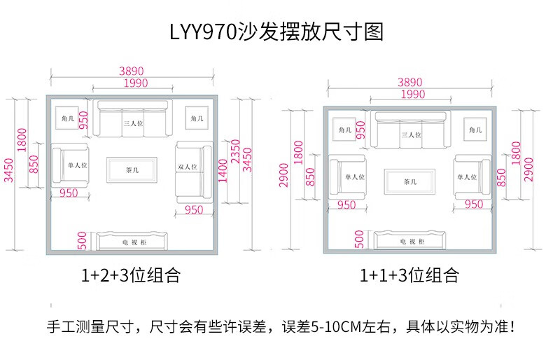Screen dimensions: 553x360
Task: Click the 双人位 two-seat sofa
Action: tap(195, 172)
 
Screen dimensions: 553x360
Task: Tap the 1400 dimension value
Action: tap(223, 171)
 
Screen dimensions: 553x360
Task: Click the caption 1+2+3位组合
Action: tap(131, 275)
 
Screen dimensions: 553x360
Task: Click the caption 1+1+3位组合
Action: tap(409, 275)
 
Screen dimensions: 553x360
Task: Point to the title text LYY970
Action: tap(203, 32)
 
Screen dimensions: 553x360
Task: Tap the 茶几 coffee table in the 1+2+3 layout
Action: tap(132, 170)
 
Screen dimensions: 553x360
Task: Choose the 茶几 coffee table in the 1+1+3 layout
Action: tap(409, 182)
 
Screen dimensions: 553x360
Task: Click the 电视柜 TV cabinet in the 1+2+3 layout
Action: tap(132, 241)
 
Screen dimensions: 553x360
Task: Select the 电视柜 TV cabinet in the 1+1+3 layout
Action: tap(409, 240)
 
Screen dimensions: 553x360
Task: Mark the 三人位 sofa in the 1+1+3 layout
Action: tap(411, 130)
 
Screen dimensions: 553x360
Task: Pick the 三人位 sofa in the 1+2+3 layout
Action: tap(132, 118)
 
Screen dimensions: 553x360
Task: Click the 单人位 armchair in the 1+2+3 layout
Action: tap(70, 165)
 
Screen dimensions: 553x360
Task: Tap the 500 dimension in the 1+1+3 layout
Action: tap(359, 240)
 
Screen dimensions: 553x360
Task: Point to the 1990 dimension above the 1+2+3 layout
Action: tap(136, 83)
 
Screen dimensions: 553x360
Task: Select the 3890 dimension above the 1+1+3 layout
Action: tap(409, 82)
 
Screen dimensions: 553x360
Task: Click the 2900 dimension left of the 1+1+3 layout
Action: tap(283, 175)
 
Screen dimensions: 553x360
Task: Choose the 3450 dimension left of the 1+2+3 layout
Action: tap(8, 170)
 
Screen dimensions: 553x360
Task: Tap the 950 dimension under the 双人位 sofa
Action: tap(194, 210)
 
